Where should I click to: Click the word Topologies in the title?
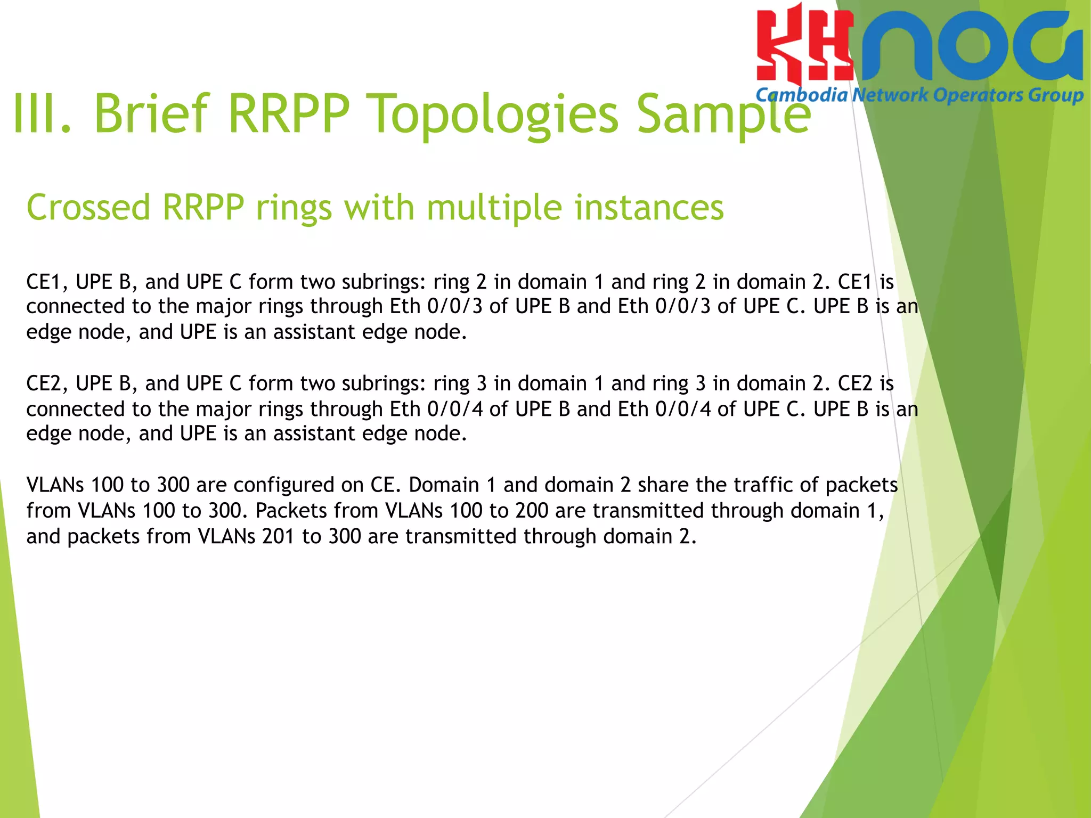(x=495, y=113)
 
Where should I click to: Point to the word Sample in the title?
(x=723, y=113)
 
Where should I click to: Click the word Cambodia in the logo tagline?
(x=801, y=95)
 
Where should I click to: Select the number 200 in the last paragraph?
(x=532, y=510)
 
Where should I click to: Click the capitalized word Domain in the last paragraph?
(x=444, y=485)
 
